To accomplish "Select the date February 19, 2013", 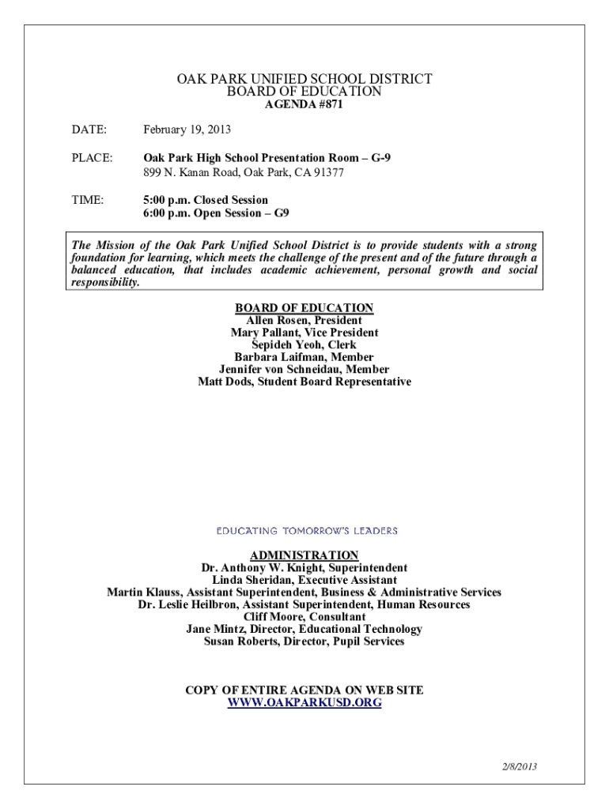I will [187, 130].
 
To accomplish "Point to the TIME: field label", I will [88, 201].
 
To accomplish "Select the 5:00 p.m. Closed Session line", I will [206, 201].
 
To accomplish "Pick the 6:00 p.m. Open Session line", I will [216, 213].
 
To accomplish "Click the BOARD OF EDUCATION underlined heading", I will [304, 308].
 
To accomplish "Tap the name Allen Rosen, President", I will [304, 321].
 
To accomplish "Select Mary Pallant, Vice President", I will [304, 333].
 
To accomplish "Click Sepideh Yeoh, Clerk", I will [304, 345].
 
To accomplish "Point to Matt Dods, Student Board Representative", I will [304, 382].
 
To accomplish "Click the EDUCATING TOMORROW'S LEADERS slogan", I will [307, 531].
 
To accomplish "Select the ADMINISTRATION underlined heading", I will [304, 555].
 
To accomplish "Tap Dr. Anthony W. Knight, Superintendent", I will [304, 568].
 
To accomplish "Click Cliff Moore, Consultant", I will [304, 617].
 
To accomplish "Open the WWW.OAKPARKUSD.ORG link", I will [304, 702].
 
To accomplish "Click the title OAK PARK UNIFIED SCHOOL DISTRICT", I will [304, 79].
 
